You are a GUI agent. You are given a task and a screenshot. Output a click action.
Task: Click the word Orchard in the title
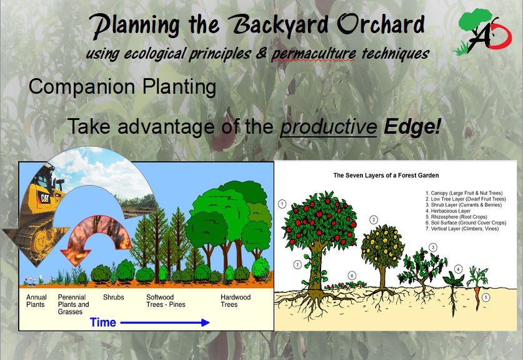tap(381, 26)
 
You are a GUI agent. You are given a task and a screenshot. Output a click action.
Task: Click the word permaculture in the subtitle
tap(314, 54)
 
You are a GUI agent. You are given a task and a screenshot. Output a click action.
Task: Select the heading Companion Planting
tap(122, 87)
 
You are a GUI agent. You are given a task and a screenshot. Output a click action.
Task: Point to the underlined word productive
tap(329, 127)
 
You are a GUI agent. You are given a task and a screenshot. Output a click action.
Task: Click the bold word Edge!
tap(412, 126)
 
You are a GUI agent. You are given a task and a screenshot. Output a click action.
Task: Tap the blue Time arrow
tap(165, 322)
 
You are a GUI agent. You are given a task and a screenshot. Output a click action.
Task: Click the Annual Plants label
tap(36, 301)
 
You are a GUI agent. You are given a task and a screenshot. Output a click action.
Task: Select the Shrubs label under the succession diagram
tap(113, 297)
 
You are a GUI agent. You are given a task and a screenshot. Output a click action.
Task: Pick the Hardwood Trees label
tap(236, 301)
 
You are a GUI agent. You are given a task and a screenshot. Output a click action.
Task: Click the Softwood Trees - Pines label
tap(166, 301)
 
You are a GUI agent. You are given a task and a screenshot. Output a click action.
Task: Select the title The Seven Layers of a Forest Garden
tap(386, 176)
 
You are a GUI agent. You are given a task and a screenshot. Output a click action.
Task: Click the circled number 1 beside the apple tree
tap(282, 204)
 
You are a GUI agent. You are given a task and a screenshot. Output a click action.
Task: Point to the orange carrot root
tap(477, 298)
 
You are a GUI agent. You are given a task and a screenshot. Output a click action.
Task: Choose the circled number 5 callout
tap(486, 297)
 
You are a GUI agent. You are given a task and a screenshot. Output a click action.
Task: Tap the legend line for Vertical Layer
tap(462, 229)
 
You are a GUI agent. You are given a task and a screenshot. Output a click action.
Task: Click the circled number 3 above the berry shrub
tap(433, 247)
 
